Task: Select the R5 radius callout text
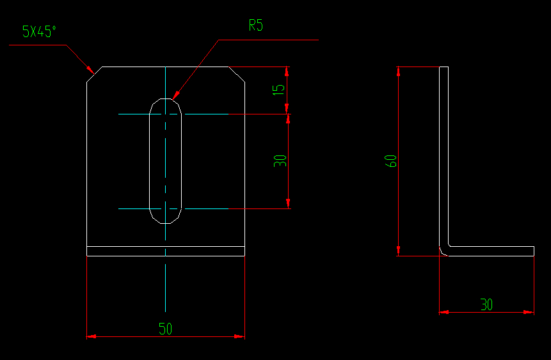click(256, 26)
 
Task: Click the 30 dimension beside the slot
click(280, 161)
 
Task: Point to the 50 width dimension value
click(166, 329)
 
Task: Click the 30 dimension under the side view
click(486, 305)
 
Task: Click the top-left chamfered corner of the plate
click(94, 74)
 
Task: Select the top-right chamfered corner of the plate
click(237, 74)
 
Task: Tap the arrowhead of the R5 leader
click(175, 96)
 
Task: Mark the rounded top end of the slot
click(166, 100)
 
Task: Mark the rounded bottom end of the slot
click(166, 222)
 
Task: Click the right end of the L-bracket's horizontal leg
click(534, 251)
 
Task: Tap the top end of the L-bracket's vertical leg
click(443, 67)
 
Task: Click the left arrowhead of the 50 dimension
click(90, 336)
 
